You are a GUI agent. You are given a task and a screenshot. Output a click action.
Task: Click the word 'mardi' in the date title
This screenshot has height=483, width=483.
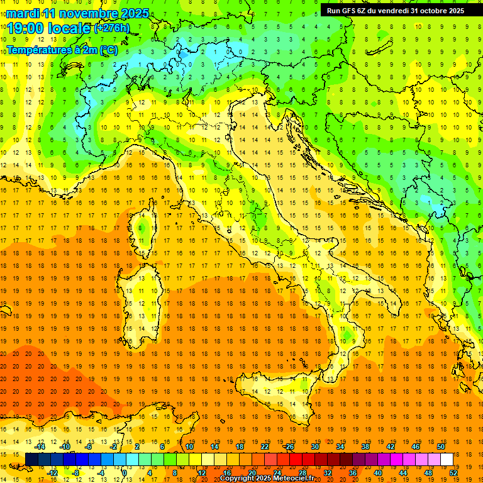tap(23, 13)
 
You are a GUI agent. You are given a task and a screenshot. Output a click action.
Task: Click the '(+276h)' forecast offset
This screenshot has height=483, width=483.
tap(112, 28)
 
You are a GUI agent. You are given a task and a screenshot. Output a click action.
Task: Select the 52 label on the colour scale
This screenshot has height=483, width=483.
tap(453, 472)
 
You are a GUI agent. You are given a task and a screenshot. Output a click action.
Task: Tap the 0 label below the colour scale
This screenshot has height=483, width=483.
tap(125, 472)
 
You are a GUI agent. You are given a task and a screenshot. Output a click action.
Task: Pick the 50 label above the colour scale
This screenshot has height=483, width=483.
tap(441, 447)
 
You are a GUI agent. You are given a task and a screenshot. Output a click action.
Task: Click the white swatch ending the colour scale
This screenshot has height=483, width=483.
tap(447, 459)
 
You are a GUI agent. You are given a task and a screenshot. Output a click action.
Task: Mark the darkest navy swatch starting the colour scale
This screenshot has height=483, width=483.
tap(31, 459)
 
